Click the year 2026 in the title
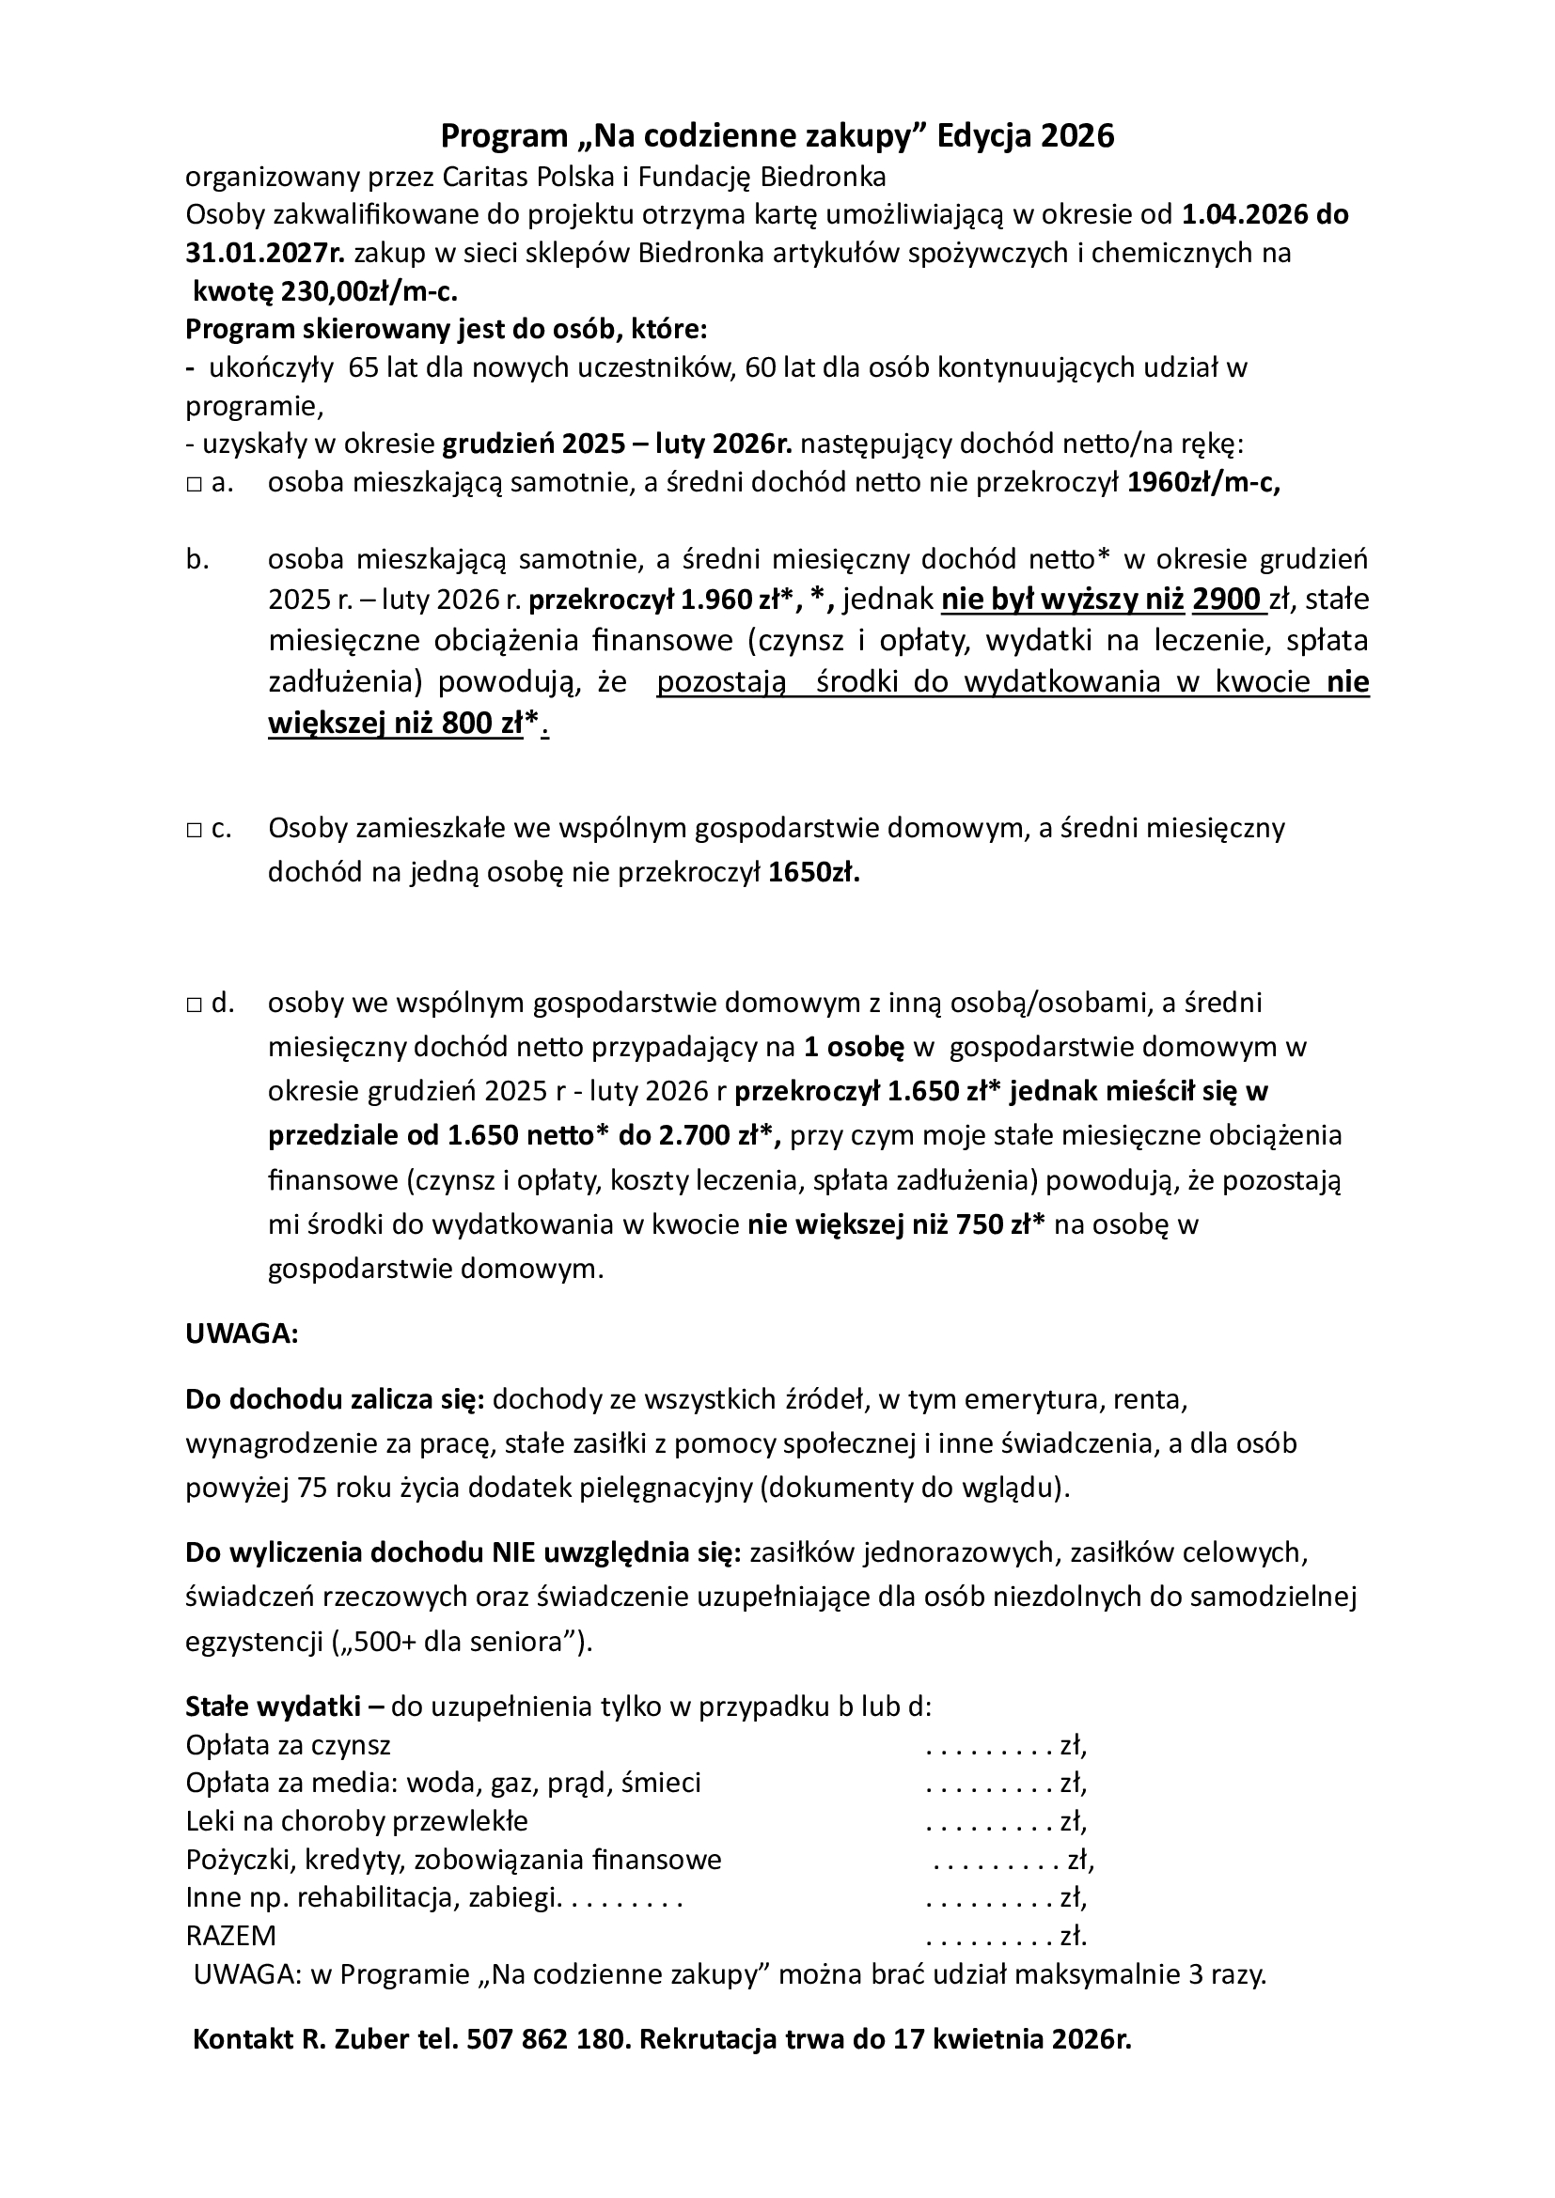click(x=1078, y=137)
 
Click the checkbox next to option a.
click(x=193, y=485)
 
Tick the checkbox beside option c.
click(x=193, y=830)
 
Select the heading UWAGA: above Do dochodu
click(x=243, y=1334)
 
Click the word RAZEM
click(x=230, y=1936)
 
